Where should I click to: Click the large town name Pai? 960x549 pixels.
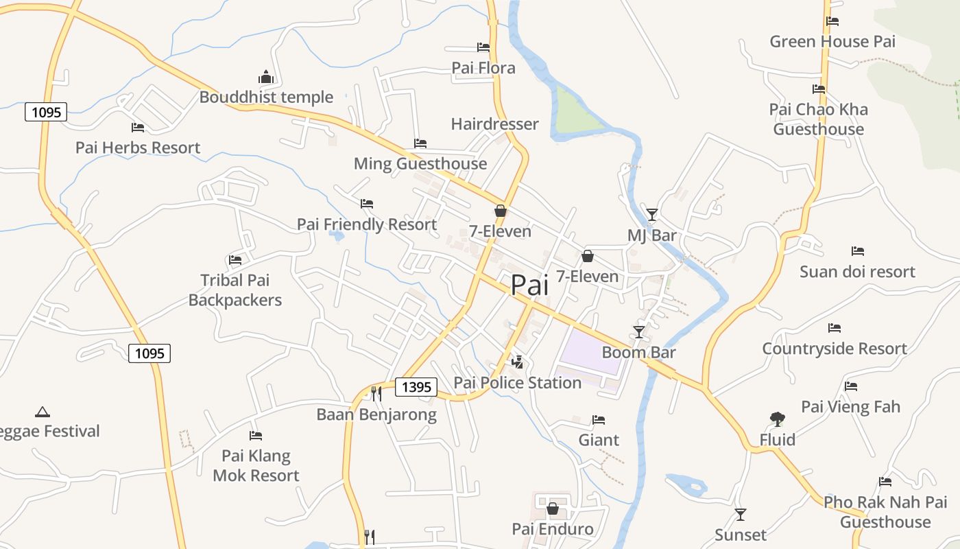(530, 285)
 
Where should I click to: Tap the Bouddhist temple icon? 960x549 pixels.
(266, 77)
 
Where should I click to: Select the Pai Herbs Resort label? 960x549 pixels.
(138, 148)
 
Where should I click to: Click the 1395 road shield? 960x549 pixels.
(416, 387)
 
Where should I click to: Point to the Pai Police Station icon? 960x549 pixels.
(518, 362)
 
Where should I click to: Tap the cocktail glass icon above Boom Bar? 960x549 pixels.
(639, 332)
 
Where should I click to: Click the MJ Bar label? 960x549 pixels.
(651, 235)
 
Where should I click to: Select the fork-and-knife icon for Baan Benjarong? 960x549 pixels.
(376, 393)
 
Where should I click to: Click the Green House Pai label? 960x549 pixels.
(832, 41)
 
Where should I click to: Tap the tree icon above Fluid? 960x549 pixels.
(777, 419)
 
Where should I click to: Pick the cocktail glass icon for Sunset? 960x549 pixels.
(741, 514)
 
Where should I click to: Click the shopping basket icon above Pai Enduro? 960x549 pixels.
(553, 509)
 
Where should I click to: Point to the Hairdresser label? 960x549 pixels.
(494, 124)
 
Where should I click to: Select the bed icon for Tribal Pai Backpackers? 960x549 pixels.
(235, 260)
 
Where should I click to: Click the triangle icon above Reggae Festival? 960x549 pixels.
(43, 412)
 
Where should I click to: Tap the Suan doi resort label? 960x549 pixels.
(857, 272)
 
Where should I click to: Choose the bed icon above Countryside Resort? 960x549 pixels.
(835, 328)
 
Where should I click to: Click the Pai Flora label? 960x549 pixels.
(483, 68)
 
